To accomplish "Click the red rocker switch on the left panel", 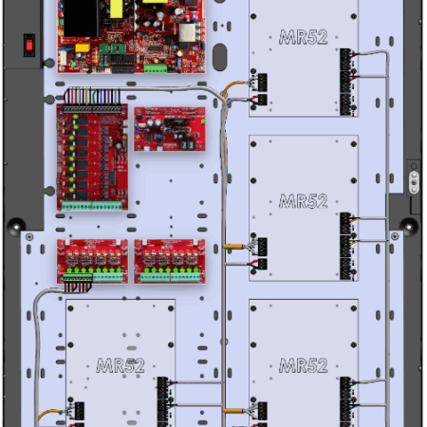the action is pyautogui.click(x=29, y=46).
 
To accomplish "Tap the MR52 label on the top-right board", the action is pyautogui.click(x=303, y=37).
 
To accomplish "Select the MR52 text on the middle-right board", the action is pyautogui.click(x=303, y=201).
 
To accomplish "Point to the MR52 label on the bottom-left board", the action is pyautogui.click(x=121, y=365).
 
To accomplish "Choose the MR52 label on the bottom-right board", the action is pyautogui.click(x=303, y=365).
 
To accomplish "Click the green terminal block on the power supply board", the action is pyautogui.click(x=156, y=68).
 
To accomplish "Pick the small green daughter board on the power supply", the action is pyautogui.click(x=113, y=48).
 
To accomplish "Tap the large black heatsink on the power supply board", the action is pyautogui.click(x=82, y=18).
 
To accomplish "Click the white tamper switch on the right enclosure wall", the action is pyautogui.click(x=414, y=182).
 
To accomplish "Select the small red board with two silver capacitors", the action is pyautogui.click(x=170, y=129).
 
